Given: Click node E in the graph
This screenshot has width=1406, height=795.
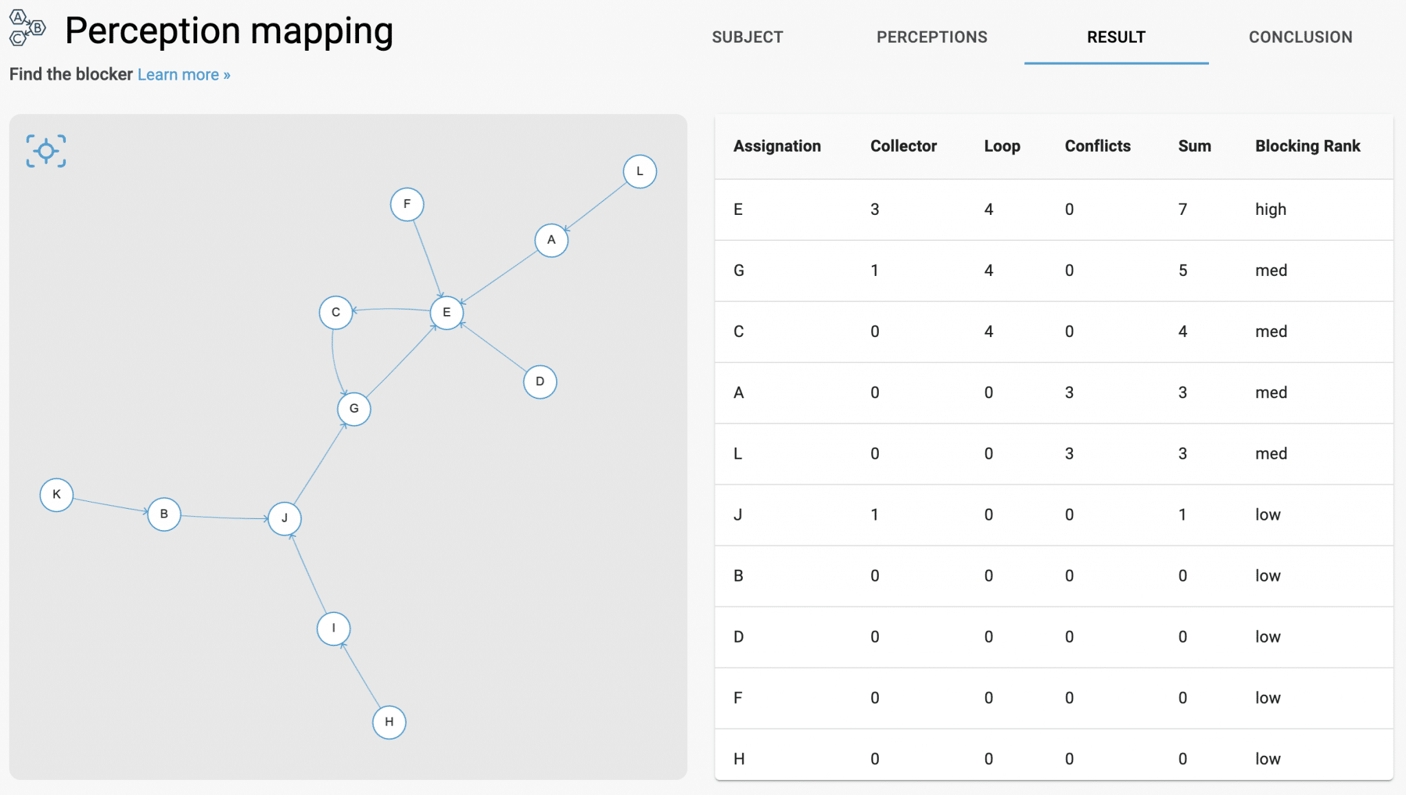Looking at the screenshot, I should pos(446,313).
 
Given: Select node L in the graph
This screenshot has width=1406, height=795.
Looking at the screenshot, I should pos(639,172).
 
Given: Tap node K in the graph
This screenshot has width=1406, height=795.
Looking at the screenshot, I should pos(56,495).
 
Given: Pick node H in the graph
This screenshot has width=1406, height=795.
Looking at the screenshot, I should pos(389,722).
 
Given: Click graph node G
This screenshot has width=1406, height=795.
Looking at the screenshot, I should pos(354,409).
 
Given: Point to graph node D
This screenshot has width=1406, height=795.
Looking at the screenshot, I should pos(540,382).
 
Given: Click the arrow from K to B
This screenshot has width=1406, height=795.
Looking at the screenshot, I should pos(110,505).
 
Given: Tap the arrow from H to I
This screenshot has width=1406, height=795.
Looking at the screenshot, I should pos(361,676).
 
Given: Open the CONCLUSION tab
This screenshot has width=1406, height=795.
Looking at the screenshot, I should pos(1300,37).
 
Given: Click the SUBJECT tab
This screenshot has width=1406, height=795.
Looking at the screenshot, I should pos(747,37).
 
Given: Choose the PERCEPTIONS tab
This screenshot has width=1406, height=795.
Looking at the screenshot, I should pos(932,37).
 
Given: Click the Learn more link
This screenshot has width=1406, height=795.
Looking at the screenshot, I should pos(183,75).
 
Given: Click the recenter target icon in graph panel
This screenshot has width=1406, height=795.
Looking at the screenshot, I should pos(46,151).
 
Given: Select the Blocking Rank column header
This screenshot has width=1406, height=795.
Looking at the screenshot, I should pos(1307,146).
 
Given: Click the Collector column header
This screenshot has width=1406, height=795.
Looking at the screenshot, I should pos(903,146).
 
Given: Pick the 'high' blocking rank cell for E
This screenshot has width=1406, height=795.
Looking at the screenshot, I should pos(1270,209).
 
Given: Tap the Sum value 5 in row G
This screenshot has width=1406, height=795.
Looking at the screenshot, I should pos(1182,270).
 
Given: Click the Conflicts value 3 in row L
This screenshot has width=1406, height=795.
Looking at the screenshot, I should pos(1069,454).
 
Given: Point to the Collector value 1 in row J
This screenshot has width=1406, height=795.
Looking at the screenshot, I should pos(874,515).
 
